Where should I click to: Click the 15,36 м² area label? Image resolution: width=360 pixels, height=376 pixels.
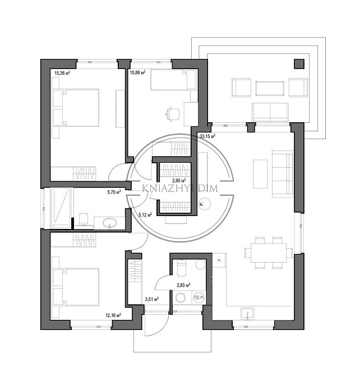click(62, 73)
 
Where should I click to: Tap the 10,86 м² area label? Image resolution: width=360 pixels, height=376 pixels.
click(137, 72)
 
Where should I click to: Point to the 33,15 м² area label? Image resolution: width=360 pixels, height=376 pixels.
click(207, 136)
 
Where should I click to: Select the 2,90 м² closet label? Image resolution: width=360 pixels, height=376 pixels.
click(179, 180)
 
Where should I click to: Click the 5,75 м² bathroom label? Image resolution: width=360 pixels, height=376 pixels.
click(114, 191)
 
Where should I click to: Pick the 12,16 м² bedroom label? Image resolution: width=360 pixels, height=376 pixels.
click(113, 315)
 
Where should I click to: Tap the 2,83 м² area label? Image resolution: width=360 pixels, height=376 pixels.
click(183, 285)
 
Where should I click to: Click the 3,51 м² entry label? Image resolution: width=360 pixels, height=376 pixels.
click(152, 299)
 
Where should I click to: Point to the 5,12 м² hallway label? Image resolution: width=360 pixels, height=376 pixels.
click(145, 214)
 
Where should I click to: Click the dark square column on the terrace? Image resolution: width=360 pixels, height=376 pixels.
click(299, 64)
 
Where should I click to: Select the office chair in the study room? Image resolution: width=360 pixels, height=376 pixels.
click(173, 113)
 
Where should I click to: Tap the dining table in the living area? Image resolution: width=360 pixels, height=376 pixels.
click(269, 253)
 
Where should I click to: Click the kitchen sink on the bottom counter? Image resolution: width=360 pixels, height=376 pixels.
click(248, 314)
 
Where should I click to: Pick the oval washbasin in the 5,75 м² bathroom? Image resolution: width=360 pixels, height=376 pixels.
click(109, 223)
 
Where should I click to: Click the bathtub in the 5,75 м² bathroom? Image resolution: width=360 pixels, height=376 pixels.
click(61, 208)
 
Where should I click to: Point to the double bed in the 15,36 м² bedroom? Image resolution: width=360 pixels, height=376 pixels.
click(76, 108)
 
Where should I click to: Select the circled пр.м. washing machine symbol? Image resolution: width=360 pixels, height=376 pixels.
click(199, 297)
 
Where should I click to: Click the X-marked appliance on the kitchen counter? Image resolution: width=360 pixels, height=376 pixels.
click(219, 260)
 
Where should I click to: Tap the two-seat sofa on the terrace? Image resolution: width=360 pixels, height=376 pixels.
click(270, 112)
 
